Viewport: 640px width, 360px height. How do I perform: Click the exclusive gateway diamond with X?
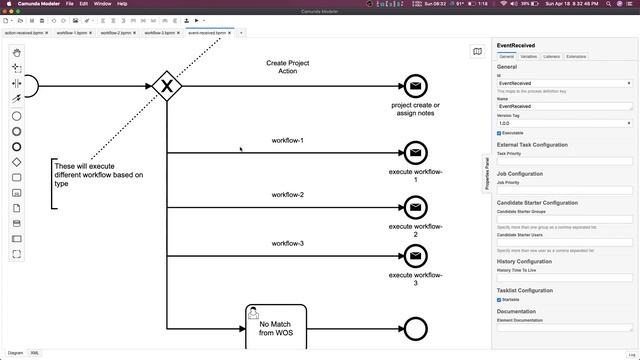point(167,86)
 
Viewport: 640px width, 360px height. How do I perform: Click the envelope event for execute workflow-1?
point(414,153)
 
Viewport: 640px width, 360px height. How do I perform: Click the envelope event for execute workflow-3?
point(414,255)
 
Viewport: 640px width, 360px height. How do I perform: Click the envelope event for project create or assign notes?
point(414,87)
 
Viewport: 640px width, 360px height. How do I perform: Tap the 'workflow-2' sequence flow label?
point(287,195)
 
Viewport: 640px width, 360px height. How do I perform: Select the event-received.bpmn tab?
point(207,33)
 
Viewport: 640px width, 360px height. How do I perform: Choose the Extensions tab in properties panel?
point(576,57)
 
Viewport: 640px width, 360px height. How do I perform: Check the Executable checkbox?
point(499,133)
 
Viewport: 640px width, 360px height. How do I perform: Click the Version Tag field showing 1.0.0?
point(564,124)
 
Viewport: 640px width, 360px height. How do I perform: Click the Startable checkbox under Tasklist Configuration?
point(499,299)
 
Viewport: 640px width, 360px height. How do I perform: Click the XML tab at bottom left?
point(35,353)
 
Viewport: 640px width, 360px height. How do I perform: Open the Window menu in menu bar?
point(102,4)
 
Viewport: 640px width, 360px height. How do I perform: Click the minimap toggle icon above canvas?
point(478,52)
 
